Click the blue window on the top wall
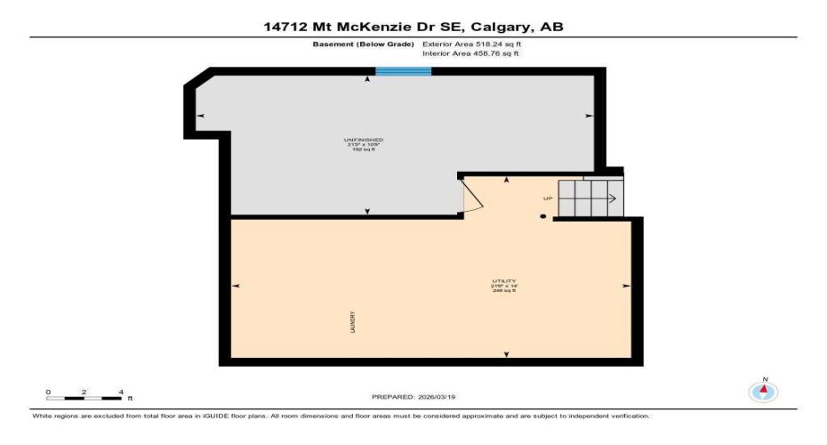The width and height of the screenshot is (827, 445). click(x=403, y=71)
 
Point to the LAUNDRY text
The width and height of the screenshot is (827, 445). click(x=352, y=322)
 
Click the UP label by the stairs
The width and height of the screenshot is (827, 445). click(x=548, y=198)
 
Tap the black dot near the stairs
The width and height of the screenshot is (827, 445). click(x=542, y=216)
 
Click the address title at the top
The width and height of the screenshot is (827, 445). click(x=413, y=27)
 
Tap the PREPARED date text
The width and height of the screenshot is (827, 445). click(x=413, y=397)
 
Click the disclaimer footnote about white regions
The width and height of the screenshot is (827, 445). click(x=341, y=416)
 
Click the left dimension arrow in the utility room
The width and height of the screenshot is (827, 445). click(x=237, y=286)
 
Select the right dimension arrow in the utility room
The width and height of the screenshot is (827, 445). click(x=626, y=286)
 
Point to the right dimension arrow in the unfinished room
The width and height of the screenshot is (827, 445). click(x=589, y=116)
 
